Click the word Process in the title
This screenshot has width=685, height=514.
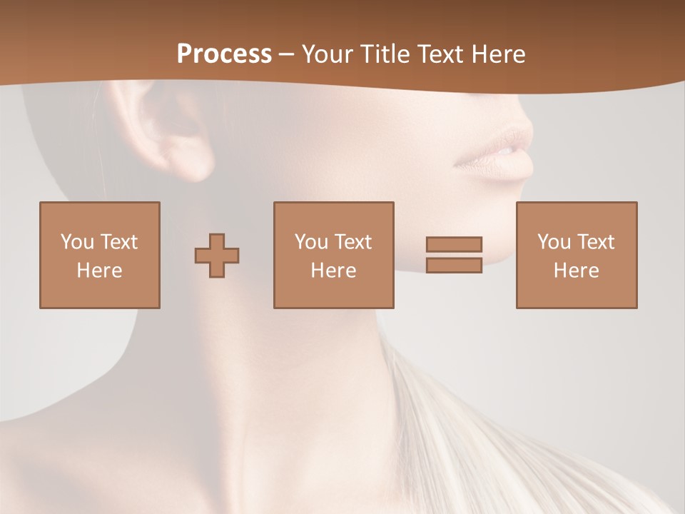[x=224, y=54]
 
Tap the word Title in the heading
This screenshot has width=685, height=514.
[x=385, y=54]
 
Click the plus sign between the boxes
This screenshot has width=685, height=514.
[x=217, y=255]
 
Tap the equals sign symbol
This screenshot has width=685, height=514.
[x=454, y=255]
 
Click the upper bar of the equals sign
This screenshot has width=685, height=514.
[x=454, y=244]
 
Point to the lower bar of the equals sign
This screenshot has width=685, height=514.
[x=454, y=266]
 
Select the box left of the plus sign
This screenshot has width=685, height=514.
[x=99, y=255]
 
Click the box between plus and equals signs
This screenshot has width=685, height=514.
[x=333, y=255]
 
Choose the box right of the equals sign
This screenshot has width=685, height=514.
[x=576, y=255]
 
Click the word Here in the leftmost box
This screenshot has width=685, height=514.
[x=99, y=271]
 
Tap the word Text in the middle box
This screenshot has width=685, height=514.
[x=352, y=242]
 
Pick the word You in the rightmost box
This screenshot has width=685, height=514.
[x=554, y=242]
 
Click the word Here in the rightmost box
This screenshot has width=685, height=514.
[x=576, y=271]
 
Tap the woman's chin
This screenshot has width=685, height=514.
[x=492, y=246]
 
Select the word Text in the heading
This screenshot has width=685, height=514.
[x=441, y=54]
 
